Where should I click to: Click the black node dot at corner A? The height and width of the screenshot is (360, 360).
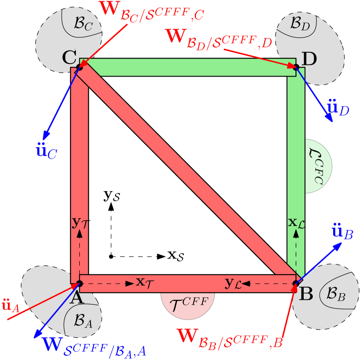pyautogui.click(x=79, y=284)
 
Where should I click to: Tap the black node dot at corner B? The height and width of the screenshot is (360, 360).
pyautogui.click(x=296, y=284)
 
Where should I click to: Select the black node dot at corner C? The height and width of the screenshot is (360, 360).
pyautogui.click(x=79, y=67)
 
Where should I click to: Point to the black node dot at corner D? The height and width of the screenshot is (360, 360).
pyautogui.click(x=296, y=67)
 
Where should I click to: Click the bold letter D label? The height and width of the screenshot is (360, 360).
pyautogui.click(x=309, y=59)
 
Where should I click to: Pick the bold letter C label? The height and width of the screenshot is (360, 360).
pyautogui.click(x=69, y=57)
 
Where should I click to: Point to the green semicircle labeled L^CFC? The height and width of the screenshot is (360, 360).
pyautogui.click(x=318, y=166)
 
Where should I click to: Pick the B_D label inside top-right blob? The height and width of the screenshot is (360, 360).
pyautogui.click(x=300, y=23)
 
